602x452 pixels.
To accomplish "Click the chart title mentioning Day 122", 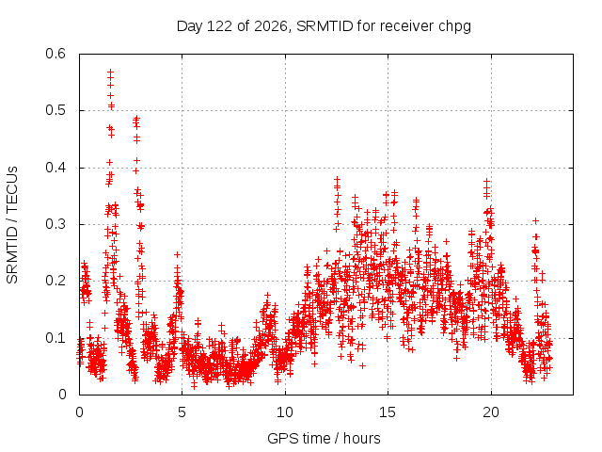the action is pos(324,26).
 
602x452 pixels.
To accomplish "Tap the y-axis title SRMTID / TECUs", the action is pos(12,225).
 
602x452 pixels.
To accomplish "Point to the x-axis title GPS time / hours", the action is pos(324,438).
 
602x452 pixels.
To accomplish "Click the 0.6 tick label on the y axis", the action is pos(55,54).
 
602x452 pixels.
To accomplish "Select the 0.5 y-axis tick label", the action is pos(55,110).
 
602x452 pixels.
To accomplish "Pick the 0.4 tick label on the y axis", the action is pos(55,168).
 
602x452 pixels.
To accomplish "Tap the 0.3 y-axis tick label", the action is pos(55,224).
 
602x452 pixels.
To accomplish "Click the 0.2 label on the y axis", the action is pos(55,281).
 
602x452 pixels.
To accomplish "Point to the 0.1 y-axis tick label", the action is pos(55,338).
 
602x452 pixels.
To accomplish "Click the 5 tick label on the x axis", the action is pos(182,412).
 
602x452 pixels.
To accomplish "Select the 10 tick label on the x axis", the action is pos(285,412).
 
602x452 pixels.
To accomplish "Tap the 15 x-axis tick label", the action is pos(388,412).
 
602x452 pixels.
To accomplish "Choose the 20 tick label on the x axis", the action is pos(491,412).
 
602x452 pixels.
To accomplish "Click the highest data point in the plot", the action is pos(111,72).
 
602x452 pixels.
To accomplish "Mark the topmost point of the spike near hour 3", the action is pos(136,119).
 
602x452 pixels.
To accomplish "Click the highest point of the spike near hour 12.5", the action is pos(337,180).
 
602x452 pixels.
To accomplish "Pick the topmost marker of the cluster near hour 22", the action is pos(535,221).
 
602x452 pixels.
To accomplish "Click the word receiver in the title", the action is pos(406,26).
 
